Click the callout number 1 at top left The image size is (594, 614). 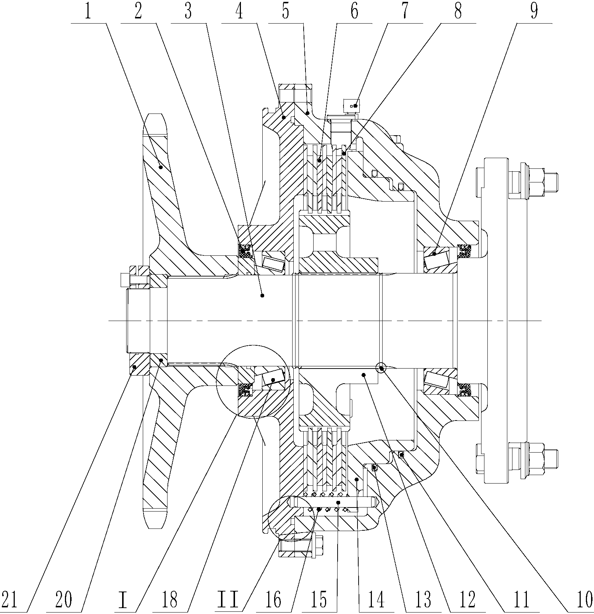(87, 12)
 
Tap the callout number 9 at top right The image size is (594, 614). (533, 12)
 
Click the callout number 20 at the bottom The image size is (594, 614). (63, 599)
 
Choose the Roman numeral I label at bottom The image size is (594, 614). (124, 599)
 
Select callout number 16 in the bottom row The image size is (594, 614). (273, 599)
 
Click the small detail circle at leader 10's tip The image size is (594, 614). (381, 367)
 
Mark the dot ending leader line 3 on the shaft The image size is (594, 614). (262, 295)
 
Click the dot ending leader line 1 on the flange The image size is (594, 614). (160, 167)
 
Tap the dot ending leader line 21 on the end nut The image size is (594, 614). (135, 367)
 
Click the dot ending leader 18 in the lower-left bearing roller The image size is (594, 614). (273, 380)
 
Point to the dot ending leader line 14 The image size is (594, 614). (356, 479)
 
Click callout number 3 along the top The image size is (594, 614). (188, 12)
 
